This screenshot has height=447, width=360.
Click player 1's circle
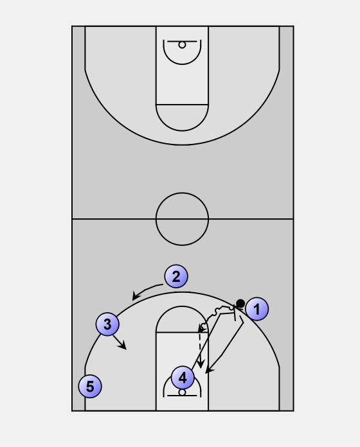click(256, 309)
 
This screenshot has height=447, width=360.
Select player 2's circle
click(176, 276)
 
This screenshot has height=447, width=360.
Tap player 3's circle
click(107, 324)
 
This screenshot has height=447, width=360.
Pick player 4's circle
click(183, 378)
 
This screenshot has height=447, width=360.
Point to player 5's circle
click(90, 386)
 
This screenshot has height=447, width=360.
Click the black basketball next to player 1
click(240, 303)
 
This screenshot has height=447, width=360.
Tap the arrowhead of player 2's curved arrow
click(136, 296)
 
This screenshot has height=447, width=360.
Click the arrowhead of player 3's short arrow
click(123, 346)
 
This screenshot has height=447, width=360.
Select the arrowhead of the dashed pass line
click(201, 364)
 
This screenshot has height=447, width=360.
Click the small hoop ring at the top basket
click(182, 45)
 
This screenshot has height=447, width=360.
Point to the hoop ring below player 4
click(182, 392)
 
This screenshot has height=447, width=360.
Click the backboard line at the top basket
click(182, 41)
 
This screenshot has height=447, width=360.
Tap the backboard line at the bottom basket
click(182, 396)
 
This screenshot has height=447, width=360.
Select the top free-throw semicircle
click(182, 131)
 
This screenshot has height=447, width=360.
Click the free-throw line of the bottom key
click(182, 333)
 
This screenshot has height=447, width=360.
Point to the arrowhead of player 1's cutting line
click(209, 370)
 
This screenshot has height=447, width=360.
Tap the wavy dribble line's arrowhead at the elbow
click(201, 329)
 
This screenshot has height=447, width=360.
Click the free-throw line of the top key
click(182, 105)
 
